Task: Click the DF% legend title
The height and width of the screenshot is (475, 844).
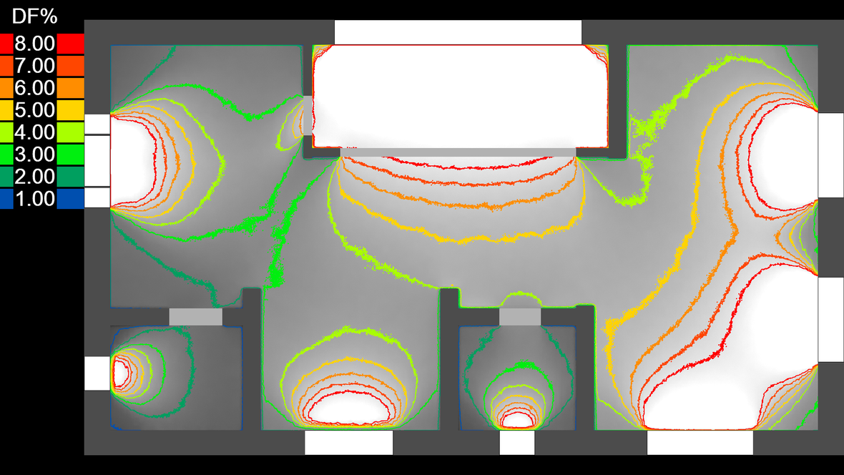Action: pos(34,16)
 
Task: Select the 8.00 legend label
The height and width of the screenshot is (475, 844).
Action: pos(34,44)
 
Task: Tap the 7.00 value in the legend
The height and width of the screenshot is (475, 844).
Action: pos(34,66)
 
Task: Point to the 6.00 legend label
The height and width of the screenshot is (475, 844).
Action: pos(34,88)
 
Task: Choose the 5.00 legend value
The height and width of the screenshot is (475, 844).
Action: pos(34,110)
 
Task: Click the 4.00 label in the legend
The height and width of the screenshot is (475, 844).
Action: pos(34,132)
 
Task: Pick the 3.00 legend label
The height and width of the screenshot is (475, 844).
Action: pos(34,155)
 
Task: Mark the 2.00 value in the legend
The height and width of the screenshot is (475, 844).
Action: pos(34,177)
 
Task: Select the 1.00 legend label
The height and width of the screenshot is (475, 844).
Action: pos(34,199)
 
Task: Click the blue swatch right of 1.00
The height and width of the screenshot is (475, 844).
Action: pos(71,198)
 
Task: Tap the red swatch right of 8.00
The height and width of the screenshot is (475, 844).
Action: pos(71,44)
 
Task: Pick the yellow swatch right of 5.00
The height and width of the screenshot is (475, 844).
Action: pos(71,110)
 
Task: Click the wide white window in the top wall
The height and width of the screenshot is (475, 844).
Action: pos(458,32)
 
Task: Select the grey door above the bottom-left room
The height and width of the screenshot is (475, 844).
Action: pos(195,317)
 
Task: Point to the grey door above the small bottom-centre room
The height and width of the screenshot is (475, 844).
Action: pos(520,317)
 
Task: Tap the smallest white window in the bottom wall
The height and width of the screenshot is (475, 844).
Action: pos(516,443)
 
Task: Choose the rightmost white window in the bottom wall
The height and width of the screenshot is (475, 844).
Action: pos(700,443)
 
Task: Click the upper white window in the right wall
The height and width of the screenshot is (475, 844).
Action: pos(830,155)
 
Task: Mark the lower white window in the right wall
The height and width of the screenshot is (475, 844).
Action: pos(830,319)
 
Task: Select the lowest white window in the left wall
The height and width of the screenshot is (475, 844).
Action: pos(97,373)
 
